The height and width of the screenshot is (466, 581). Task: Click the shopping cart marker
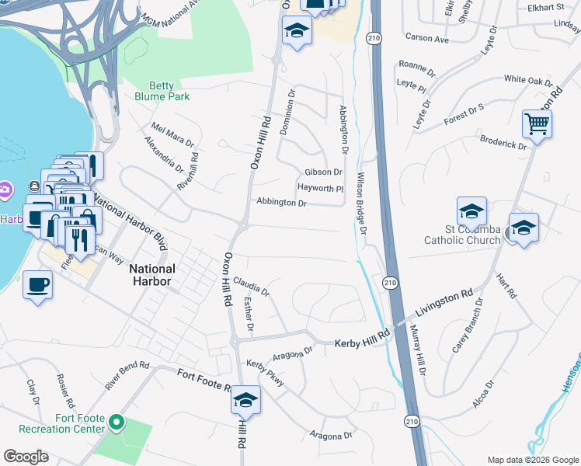pos(537,123)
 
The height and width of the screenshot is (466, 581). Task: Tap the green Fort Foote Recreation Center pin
pos(117,423)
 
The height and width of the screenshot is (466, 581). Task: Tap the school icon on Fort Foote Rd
pos(245,400)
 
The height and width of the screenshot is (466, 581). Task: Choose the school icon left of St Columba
pos(471,211)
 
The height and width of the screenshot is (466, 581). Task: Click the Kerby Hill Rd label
pos(360,343)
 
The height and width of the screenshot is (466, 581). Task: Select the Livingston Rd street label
pos(443,303)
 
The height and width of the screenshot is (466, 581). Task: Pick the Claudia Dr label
pos(251,287)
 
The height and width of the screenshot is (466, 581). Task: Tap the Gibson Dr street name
pos(323,172)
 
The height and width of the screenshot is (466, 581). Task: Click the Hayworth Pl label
pos(320,188)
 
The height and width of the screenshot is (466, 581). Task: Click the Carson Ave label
pos(427,38)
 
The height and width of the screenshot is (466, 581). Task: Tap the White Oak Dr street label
pos(528,80)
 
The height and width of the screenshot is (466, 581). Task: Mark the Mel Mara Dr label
pos(172,134)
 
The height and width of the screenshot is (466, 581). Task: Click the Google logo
pos(26,457)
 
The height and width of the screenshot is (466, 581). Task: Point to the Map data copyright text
pos(532,459)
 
